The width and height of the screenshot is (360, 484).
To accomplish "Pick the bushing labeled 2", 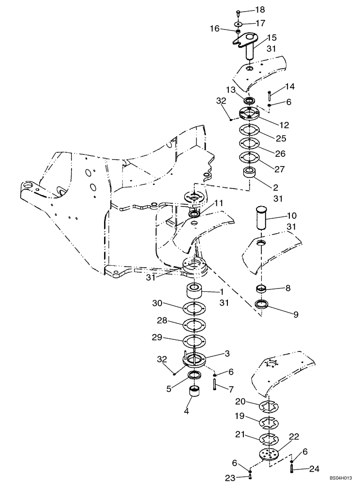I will click(250, 173).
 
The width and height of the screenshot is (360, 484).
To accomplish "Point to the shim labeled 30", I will click(195, 308).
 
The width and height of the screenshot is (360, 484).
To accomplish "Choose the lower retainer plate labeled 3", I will click(195, 359).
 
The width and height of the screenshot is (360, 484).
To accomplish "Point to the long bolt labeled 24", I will click(292, 468).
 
